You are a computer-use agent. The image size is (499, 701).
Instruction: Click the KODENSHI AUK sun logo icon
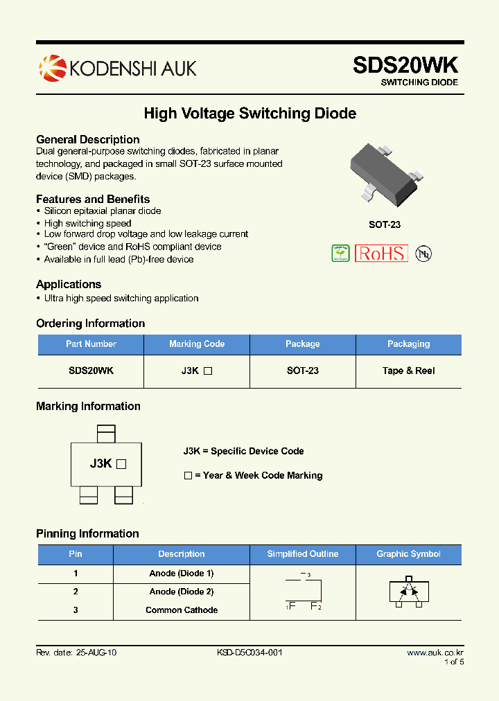(51, 68)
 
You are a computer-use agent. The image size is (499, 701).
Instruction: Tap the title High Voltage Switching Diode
(249, 113)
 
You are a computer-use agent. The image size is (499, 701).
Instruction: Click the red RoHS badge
(381, 254)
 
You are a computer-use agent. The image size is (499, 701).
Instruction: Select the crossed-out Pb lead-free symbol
(423, 254)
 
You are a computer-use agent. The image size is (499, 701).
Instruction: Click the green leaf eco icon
(340, 254)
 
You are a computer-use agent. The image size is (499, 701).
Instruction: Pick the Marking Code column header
(197, 344)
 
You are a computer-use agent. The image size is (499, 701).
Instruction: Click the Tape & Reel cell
(408, 371)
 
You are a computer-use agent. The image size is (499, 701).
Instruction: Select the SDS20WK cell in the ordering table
(91, 371)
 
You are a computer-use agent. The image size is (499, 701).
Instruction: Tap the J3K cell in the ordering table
(197, 371)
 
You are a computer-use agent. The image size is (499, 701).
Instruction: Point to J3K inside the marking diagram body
(101, 464)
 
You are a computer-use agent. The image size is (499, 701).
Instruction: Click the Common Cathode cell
(182, 610)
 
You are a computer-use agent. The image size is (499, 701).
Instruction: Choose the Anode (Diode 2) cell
(182, 592)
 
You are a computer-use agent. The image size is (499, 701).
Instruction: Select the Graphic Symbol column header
(408, 554)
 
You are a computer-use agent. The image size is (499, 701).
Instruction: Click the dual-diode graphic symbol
(408, 592)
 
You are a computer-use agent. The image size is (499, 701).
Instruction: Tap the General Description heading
(88, 139)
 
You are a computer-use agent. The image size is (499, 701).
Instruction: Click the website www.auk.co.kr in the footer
(435, 653)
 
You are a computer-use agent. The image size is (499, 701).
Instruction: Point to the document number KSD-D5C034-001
(249, 653)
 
